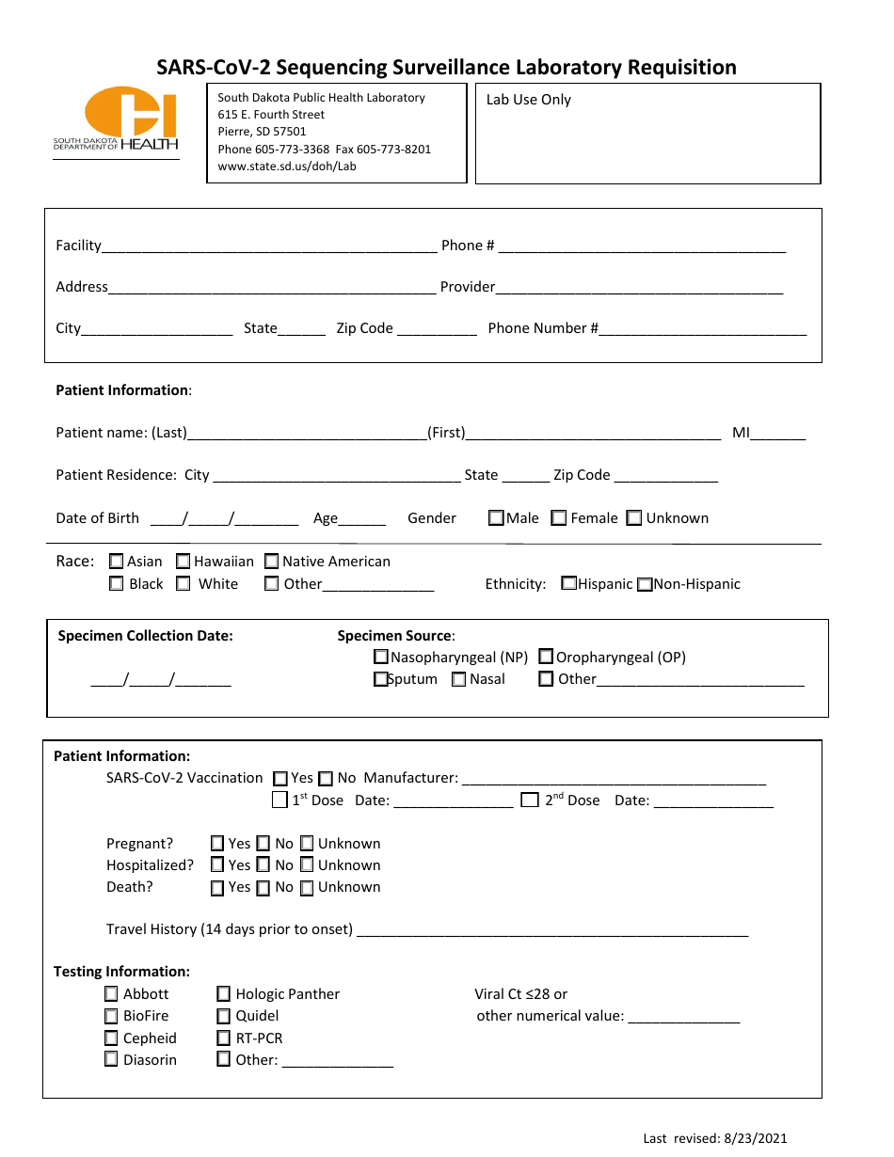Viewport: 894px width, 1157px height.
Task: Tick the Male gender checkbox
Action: tap(496, 517)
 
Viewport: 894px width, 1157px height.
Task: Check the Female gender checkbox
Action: tap(559, 517)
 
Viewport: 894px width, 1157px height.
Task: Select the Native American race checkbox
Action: tap(272, 561)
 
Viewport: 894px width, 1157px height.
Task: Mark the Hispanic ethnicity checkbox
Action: tap(568, 583)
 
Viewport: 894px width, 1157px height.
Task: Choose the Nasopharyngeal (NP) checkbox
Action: tap(381, 657)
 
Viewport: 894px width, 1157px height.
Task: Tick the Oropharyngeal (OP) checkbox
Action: tap(546, 657)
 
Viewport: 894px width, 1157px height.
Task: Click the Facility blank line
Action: tap(269, 246)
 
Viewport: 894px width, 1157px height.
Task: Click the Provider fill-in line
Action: tap(639, 288)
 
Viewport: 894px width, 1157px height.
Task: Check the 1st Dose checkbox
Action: tap(279, 800)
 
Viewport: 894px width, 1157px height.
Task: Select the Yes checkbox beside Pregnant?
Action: tap(217, 843)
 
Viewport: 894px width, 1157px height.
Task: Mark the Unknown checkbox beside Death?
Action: tap(307, 886)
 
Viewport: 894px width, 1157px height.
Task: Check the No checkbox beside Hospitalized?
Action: tap(263, 864)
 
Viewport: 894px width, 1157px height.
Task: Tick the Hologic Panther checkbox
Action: tap(224, 993)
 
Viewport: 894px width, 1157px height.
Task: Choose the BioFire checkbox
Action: tap(112, 1015)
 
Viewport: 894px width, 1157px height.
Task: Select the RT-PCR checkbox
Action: tap(224, 1038)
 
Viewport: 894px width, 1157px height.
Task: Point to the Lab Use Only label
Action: tap(528, 100)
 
